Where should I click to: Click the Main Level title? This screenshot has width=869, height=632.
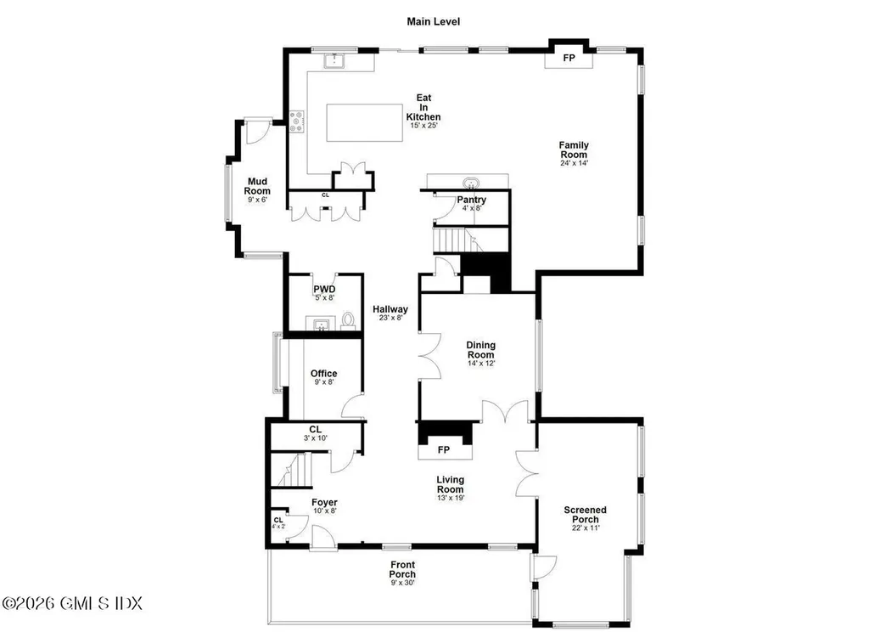[433, 21]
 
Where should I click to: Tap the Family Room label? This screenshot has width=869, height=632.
[573, 150]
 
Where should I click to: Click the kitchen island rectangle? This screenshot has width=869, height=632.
[365, 124]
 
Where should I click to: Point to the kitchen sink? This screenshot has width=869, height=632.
[335, 59]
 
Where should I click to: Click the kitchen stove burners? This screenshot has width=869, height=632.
[297, 123]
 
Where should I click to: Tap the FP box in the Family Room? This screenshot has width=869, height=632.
[569, 59]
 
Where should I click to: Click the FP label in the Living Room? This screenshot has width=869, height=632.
[443, 449]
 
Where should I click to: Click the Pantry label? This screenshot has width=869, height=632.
[471, 200]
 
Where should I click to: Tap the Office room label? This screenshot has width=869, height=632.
[323, 374]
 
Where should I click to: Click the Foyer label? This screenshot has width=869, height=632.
[324, 503]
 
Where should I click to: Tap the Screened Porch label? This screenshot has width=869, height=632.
[585, 515]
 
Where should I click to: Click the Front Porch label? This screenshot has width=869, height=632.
[402, 569]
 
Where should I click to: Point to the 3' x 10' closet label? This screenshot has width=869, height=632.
[315, 438]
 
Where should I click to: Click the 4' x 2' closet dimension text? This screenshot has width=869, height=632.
[278, 527]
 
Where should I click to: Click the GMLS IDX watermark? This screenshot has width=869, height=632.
[72, 603]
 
